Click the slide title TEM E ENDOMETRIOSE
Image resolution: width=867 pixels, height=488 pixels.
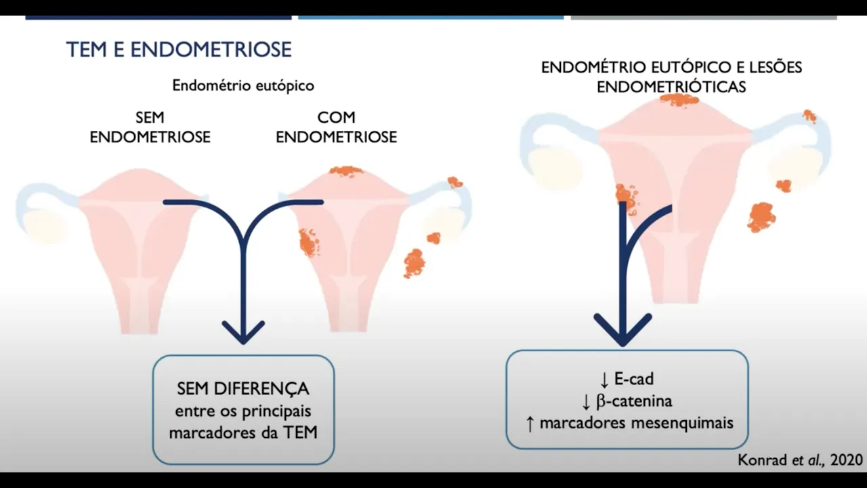point(179,49)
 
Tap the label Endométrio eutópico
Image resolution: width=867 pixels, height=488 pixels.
point(243,86)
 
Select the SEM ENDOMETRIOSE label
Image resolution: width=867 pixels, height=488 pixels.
point(150,127)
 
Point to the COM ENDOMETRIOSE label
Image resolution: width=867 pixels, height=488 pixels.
point(336,127)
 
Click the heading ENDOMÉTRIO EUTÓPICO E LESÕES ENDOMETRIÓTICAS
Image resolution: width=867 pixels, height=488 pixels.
point(671,77)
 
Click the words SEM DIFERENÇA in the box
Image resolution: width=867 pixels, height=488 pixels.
point(243,389)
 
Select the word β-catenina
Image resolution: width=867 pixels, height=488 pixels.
point(634,401)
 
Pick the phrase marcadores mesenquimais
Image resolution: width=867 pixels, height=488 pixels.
point(637,423)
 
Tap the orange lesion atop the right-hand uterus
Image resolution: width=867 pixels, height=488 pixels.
point(679,100)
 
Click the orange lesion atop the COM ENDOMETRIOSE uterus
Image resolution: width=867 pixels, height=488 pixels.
point(346,171)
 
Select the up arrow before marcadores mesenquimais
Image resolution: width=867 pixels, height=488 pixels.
point(530,423)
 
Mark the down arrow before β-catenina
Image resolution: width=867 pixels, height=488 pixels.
point(586,401)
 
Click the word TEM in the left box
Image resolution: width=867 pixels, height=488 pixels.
point(303,432)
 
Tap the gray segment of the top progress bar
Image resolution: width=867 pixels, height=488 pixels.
point(703,16)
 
